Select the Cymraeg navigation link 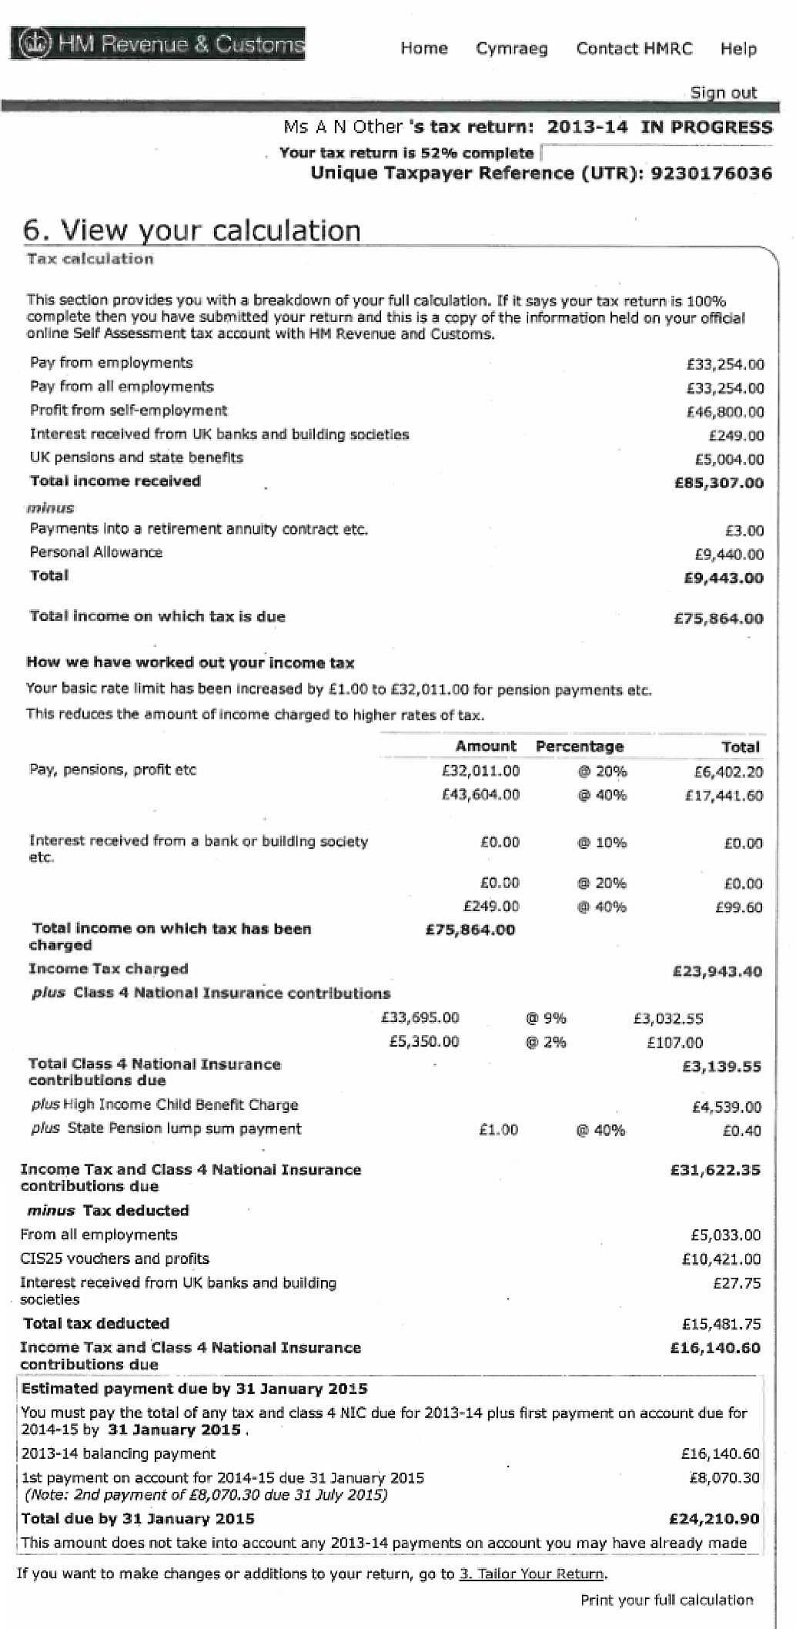coord(512,49)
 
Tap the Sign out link coord(723,92)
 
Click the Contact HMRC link coord(634,49)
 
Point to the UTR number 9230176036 coord(711,173)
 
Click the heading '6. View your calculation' coord(192,230)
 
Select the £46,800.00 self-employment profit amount coord(725,412)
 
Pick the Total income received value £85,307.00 coord(719,483)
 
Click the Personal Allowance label coord(96,552)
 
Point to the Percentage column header coord(580,746)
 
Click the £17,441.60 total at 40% coord(724,796)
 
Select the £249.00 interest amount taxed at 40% coord(491,907)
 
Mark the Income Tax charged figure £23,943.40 coord(717,971)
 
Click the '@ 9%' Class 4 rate coord(546,1018)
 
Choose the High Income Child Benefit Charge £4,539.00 coord(727,1107)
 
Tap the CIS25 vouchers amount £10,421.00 coord(721,1259)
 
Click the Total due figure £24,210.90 coord(714,1519)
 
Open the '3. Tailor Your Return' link coord(532,1574)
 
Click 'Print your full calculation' coord(667,1600)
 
